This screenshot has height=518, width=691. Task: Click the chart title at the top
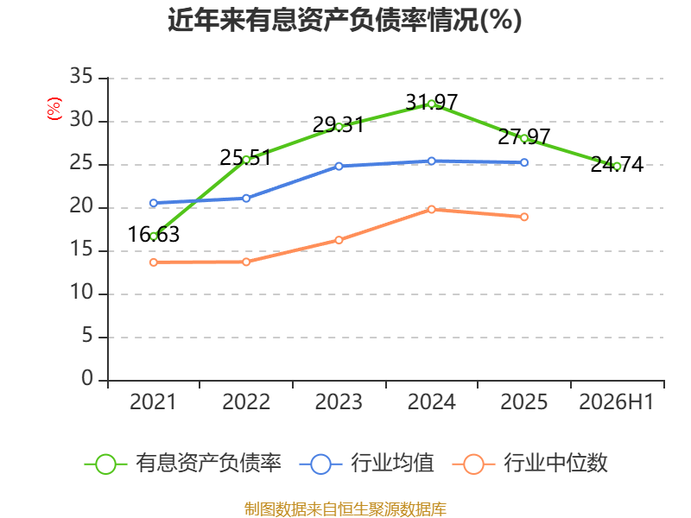[x=345, y=20]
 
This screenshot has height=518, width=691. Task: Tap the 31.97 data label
[x=431, y=102]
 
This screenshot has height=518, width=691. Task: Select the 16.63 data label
[x=154, y=234]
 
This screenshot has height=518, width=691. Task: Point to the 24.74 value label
[x=617, y=164]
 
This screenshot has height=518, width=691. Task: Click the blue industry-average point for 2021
[x=154, y=203]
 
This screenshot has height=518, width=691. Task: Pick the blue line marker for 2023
[x=339, y=166]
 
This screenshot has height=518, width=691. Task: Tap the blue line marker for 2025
[x=524, y=162]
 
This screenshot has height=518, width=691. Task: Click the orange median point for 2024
[x=431, y=209]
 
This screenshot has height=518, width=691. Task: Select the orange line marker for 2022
[x=246, y=262]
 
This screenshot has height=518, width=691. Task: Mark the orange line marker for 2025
[x=524, y=217]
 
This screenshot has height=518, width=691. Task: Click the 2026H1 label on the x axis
[x=616, y=401]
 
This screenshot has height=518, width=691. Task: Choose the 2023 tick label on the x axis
[x=339, y=401]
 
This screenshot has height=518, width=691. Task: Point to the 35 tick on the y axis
[x=81, y=76]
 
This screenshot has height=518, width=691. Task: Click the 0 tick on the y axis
[x=87, y=378]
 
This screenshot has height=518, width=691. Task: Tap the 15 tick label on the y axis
[x=81, y=249]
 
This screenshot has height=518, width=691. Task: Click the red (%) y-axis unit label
[x=54, y=109]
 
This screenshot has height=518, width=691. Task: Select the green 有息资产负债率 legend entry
[x=182, y=464]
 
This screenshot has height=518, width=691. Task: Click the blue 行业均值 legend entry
[x=366, y=464]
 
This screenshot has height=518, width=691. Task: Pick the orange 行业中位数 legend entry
[x=529, y=464]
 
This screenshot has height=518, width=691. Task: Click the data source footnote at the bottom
[x=345, y=509]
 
